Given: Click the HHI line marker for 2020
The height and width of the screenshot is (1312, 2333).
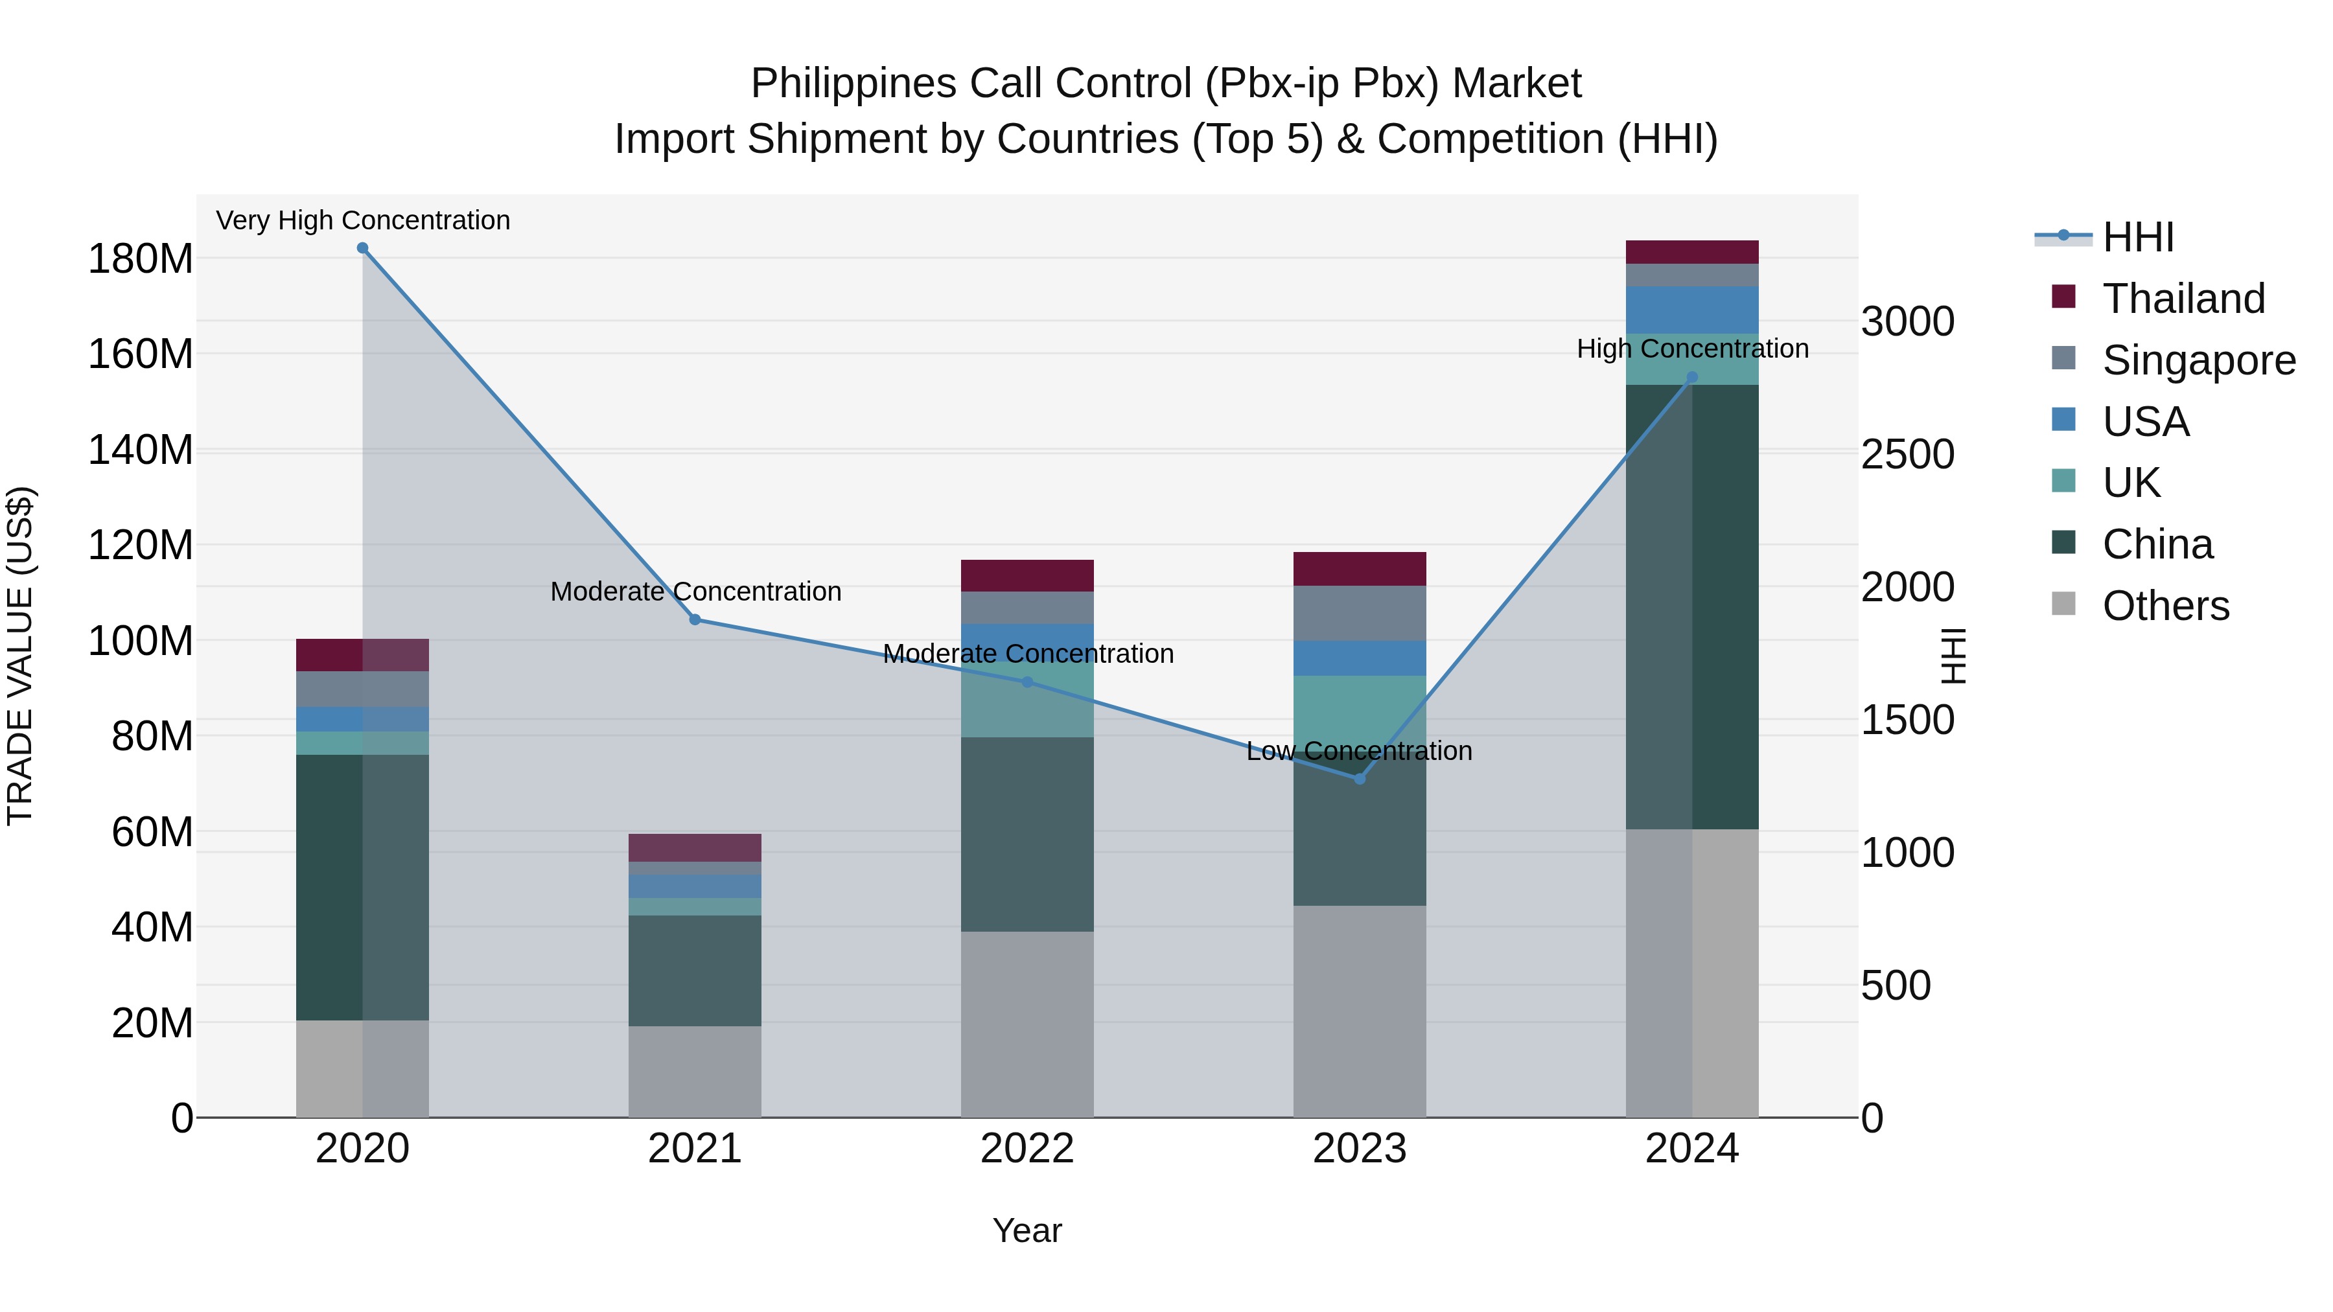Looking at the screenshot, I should tap(362, 248).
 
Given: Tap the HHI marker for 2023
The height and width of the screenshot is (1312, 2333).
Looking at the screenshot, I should tap(1360, 779).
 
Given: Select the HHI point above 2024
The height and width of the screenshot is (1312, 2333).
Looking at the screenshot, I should tap(1692, 378).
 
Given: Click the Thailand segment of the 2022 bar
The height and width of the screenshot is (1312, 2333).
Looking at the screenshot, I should tap(1027, 576).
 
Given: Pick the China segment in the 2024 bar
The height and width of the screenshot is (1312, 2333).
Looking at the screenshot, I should tap(1692, 606).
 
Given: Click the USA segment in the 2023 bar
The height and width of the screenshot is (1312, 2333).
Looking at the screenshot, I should tap(1360, 658).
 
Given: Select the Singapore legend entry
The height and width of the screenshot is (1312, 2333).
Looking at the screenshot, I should tap(2198, 360).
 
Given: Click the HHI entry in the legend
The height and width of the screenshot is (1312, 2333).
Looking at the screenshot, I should tap(2137, 237).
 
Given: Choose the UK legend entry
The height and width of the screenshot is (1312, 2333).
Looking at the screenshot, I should tap(2131, 483).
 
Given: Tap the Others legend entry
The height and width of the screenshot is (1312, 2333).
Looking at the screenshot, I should tap(2165, 606).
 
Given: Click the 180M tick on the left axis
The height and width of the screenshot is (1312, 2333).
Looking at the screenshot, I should tap(141, 259).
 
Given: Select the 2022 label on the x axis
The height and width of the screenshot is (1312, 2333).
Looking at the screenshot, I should tap(1027, 1149).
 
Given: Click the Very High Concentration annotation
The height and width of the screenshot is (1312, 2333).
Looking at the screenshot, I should tap(362, 220).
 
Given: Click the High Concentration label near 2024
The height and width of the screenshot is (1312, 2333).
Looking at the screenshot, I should tap(1692, 349).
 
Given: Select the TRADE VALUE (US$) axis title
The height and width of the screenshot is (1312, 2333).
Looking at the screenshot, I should tap(20, 656).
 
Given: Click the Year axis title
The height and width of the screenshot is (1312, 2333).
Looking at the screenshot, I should tap(1027, 1230).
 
